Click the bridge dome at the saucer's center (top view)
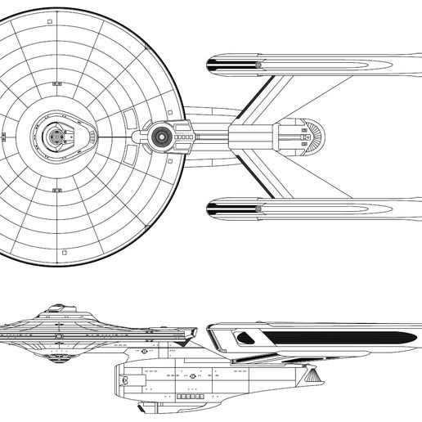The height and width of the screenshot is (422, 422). pos(56,136)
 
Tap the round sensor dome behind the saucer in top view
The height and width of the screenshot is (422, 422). pos(162,136)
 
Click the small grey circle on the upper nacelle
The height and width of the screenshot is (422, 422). pos(258,64)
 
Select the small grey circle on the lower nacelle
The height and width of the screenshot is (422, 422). pos(258,209)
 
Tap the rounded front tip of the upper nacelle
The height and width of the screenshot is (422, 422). pos(211,64)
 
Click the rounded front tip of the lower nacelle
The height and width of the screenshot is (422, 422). pos(211,209)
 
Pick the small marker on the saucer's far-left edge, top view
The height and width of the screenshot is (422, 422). pos(2,136)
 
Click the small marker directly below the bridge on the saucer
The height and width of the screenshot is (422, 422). pos(56,190)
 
